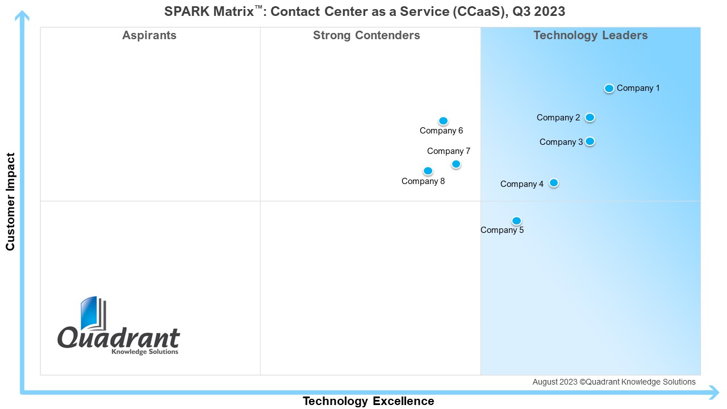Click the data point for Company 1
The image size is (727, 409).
click(x=609, y=88)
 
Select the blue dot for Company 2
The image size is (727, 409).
click(x=590, y=118)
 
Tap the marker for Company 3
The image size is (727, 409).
click(x=590, y=141)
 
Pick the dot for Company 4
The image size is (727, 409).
click(x=554, y=183)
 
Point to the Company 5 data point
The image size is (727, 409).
click(x=516, y=221)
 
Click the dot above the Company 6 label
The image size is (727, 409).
click(x=444, y=121)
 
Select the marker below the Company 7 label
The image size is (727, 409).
click(x=456, y=164)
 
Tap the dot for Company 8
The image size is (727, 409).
click(x=428, y=171)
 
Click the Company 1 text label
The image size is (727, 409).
click(x=638, y=88)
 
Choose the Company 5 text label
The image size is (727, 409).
click(x=502, y=230)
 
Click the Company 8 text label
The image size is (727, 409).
click(x=423, y=181)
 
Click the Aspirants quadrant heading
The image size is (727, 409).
click(x=149, y=35)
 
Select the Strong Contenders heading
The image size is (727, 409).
click(x=366, y=35)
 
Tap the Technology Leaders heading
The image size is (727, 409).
click(x=591, y=35)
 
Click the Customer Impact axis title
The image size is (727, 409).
click(x=10, y=202)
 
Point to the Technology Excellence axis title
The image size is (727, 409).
click(x=369, y=401)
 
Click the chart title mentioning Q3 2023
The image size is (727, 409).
click(x=365, y=11)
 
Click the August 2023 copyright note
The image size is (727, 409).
click(x=614, y=382)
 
